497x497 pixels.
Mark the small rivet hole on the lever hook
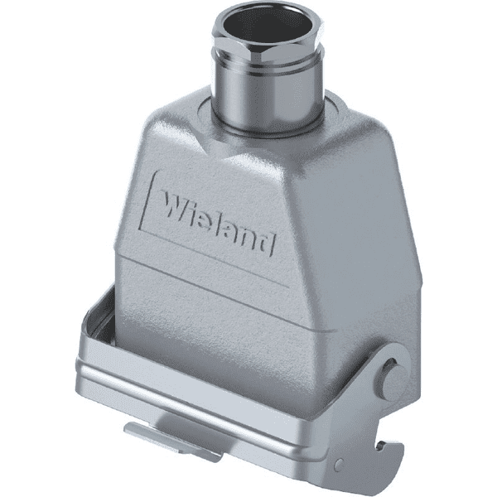pyautogui.click(x=339, y=463)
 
